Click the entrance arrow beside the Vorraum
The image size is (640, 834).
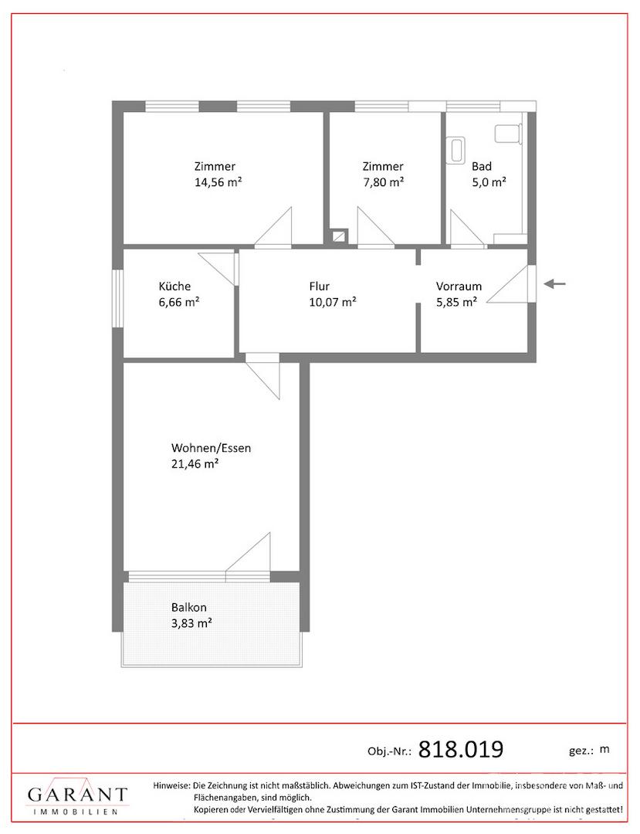[554, 283]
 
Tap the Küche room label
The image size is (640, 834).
[174, 286]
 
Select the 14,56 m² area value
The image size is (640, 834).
[218, 182]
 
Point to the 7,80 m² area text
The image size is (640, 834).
[383, 182]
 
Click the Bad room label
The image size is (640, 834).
[482, 167]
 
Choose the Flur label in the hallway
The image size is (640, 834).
[320, 286]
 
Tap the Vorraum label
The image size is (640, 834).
[459, 286]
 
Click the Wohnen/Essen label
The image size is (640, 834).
[211, 448]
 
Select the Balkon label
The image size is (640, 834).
[188, 608]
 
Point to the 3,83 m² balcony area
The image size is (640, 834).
[191, 623]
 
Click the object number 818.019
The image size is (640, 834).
[461, 749]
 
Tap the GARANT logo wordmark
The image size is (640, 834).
[77, 795]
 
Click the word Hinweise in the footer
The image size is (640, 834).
[171, 785]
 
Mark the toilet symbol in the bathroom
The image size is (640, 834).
[509, 134]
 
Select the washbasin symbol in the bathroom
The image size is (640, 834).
[456, 150]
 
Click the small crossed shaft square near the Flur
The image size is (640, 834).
[339, 235]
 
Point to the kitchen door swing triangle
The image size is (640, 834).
[216, 269]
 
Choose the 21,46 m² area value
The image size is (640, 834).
[195, 464]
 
